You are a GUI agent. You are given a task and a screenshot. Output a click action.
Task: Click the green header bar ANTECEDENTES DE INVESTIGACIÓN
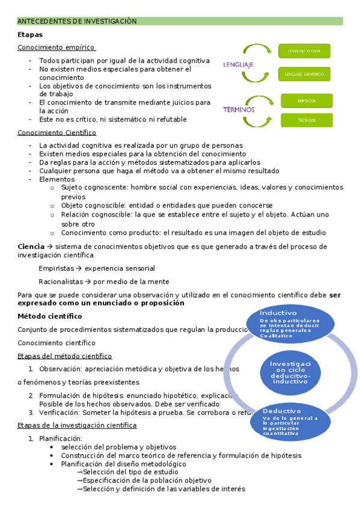[180, 21]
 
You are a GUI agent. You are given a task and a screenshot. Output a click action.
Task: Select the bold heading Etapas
[30, 35]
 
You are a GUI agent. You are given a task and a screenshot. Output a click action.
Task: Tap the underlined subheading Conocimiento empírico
[56, 48]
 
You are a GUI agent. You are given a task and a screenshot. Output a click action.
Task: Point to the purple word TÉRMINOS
[239, 109]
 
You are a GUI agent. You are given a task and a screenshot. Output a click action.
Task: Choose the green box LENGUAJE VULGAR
[304, 51]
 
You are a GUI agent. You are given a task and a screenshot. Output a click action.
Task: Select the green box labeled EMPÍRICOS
[307, 100]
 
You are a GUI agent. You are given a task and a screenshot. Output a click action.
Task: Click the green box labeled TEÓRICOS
[307, 120]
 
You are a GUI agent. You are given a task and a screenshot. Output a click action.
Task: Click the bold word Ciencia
[31, 247]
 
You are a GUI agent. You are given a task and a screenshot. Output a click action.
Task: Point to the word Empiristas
[56, 268]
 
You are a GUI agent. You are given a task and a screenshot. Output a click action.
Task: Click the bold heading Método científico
[50, 316]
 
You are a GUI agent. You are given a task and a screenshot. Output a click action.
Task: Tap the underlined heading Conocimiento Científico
[57, 132]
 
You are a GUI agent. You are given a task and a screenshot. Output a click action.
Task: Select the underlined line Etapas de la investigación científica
[77, 425]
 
